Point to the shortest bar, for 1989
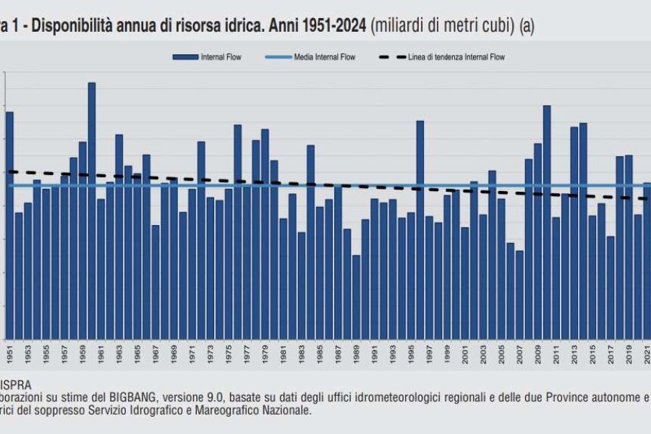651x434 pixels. pos(356,297)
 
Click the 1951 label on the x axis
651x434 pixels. pos(10,355)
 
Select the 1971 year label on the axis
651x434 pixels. pos(192,355)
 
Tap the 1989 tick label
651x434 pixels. pos(356,355)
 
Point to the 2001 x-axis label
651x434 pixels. pos(465,355)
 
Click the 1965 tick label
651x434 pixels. pos(137,355)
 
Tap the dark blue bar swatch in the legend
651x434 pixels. pos(185,57)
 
